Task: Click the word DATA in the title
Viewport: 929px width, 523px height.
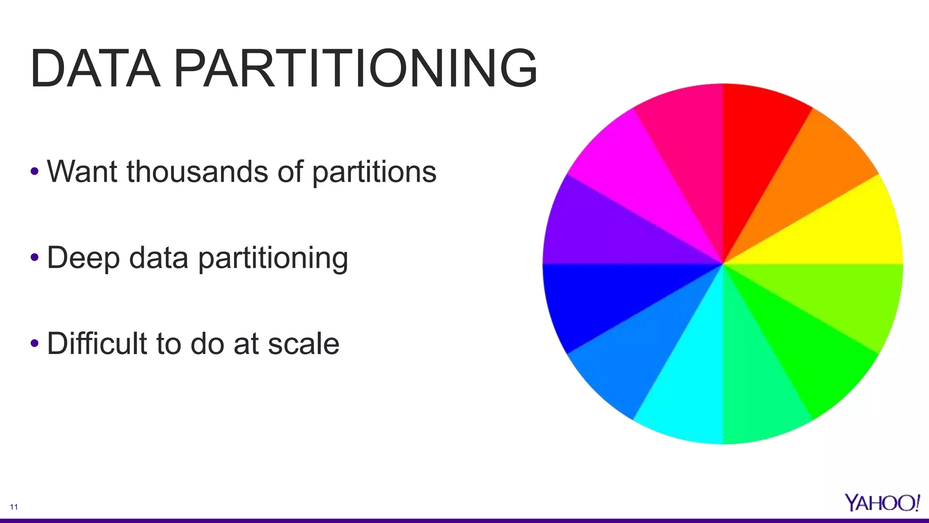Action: click(95, 69)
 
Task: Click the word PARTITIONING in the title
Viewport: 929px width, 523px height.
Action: click(355, 69)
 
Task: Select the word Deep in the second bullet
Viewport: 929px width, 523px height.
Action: click(83, 258)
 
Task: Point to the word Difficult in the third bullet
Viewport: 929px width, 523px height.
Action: click(97, 343)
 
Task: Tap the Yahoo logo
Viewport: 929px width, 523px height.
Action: click(882, 503)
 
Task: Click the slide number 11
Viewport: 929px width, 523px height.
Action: click(14, 507)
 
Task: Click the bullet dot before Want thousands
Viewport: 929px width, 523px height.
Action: click(34, 172)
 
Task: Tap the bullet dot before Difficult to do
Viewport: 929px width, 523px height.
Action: click(34, 343)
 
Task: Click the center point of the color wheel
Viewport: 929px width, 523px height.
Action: click(723, 264)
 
